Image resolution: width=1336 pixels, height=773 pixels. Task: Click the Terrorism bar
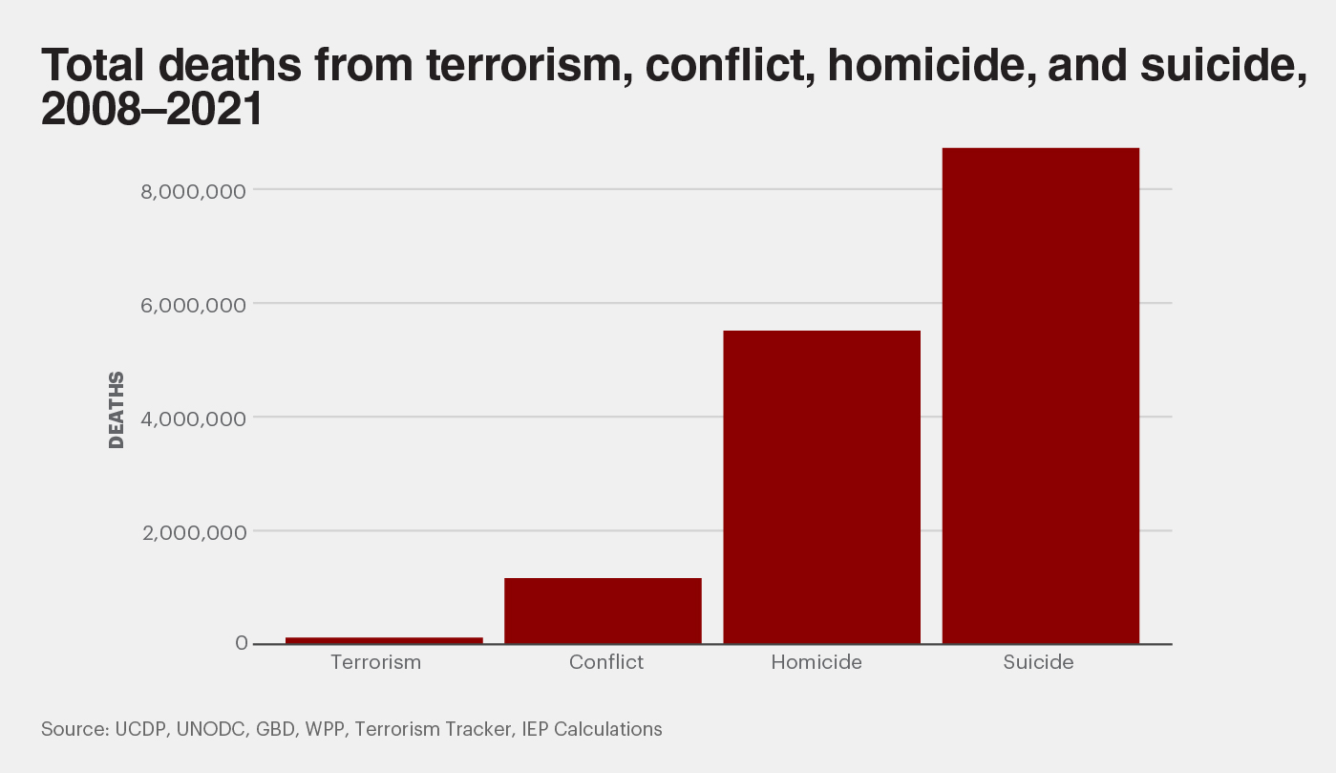(384, 640)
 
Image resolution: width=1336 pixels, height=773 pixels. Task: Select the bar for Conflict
(603, 611)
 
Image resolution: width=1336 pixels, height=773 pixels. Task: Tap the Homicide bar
(821, 487)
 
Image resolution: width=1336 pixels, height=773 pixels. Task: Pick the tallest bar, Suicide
(1040, 396)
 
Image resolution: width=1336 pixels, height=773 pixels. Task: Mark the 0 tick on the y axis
(242, 644)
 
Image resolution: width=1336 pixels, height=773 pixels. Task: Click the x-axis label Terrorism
(375, 662)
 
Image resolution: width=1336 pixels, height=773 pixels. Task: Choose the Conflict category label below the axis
(606, 662)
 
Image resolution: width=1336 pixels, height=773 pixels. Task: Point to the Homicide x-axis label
(816, 662)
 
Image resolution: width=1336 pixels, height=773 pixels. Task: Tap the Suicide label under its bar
(1038, 662)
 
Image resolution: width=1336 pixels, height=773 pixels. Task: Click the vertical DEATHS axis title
(117, 410)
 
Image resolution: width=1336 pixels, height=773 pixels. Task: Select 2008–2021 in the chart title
(151, 112)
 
